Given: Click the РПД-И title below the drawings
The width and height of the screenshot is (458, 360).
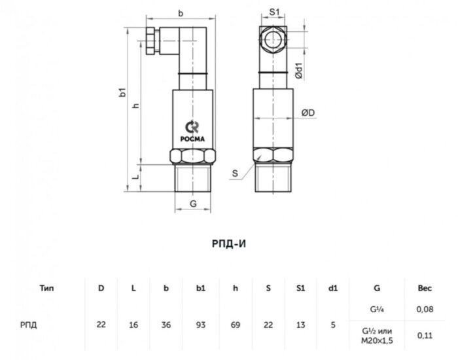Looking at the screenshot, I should click(228, 243).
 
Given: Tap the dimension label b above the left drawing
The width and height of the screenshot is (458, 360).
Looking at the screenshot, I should click(180, 12).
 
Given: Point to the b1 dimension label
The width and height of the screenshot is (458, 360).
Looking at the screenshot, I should click(122, 94).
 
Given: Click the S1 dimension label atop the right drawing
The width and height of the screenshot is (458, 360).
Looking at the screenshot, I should click(274, 12).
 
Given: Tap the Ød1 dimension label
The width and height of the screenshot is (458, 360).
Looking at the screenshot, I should click(298, 71).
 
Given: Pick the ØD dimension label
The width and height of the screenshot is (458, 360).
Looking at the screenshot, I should click(308, 113).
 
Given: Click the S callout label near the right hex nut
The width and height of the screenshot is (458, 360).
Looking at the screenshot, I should click(235, 173).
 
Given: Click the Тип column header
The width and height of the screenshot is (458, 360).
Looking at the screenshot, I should click(46, 286).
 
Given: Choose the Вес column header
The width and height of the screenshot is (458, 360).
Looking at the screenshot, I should click(425, 286).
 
